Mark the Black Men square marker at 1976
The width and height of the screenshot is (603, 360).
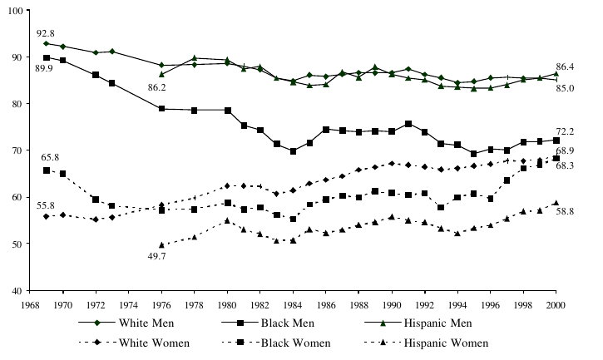162,109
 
